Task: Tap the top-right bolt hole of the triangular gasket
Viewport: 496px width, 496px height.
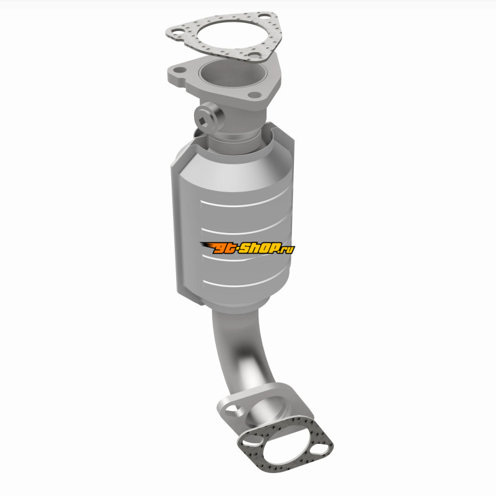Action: pyautogui.click(x=263, y=16)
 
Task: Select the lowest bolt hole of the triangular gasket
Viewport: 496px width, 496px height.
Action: pyautogui.click(x=254, y=55)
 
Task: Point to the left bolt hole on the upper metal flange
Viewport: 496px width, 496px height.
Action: pyautogui.click(x=179, y=70)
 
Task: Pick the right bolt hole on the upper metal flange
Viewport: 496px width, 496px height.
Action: pyautogui.click(x=254, y=95)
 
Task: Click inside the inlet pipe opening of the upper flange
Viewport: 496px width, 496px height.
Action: pyautogui.click(x=231, y=73)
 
